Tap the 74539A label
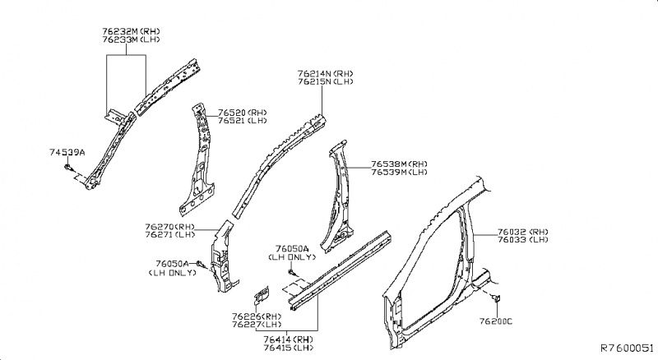click(67, 152)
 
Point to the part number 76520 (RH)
click(243, 113)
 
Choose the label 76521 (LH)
click(242, 122)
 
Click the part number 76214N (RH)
click(326, 73)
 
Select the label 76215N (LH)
click(326, 82)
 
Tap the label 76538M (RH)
click(399, 164)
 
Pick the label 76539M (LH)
click(399, 173)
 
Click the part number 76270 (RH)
click(169, 226)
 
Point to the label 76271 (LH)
click(169, 235)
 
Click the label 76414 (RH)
click(288, 338)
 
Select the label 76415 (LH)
click(288, 347)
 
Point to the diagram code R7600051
click(627, 348)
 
